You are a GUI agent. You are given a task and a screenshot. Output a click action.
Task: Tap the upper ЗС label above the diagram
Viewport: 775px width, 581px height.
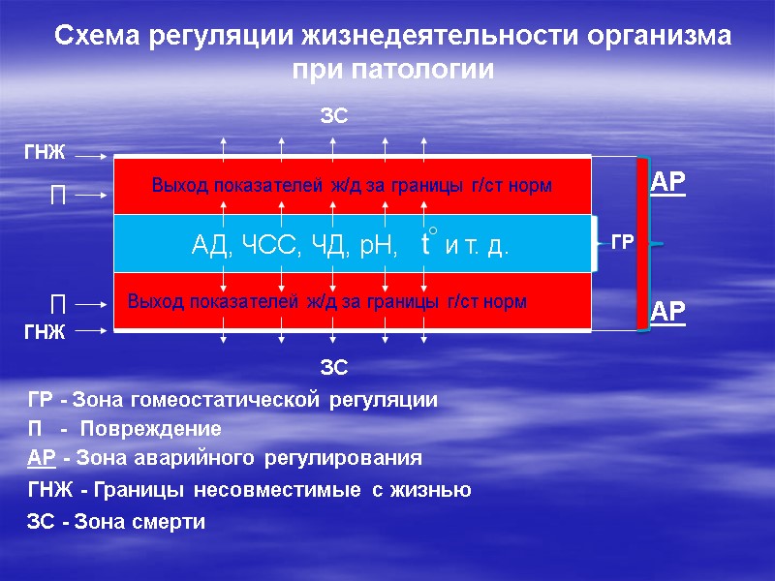click(333, 117)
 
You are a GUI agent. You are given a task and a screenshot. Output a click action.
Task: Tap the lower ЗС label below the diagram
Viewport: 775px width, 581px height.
click(333, 367)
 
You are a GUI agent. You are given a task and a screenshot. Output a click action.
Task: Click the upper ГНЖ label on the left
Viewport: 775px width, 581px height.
click(44, 153)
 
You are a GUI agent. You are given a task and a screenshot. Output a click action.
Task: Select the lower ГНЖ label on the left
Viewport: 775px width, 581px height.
click(44, 331)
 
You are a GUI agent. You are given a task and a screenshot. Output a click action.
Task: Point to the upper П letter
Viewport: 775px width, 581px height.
click(57, 195)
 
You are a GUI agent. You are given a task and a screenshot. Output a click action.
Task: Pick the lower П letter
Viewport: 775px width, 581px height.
click(57, 303)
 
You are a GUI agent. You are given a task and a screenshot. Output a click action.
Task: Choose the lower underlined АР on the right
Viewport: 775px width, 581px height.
click(666, 312)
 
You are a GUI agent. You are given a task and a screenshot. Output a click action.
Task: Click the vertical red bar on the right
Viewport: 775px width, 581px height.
click(641, 242)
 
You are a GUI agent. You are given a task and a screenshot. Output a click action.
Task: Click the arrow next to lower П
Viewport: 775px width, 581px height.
click(92, 303)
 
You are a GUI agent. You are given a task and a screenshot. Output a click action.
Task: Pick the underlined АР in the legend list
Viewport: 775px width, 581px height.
click(41, 458)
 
